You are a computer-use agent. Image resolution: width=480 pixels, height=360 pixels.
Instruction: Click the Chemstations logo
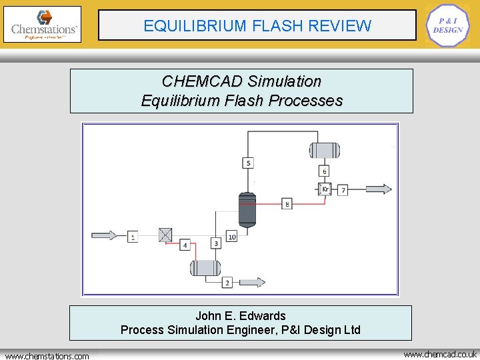(42, 25)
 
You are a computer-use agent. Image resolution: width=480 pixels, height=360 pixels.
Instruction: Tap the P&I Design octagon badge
(447, 25)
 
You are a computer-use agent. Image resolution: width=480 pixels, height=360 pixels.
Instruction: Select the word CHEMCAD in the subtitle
(201, 81)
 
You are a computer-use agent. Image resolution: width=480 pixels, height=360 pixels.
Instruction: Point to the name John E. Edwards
(241, 316)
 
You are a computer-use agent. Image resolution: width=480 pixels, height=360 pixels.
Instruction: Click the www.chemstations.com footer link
(47, 356)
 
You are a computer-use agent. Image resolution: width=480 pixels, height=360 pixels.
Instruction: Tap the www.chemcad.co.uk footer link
(441, 354)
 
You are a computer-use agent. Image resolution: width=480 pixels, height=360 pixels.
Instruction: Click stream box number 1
(133, 237)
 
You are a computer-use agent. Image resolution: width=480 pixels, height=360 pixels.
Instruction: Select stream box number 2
(227, 283)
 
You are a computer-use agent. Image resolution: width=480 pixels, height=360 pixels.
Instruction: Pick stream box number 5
(248, 163)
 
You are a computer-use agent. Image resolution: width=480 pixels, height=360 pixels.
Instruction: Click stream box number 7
(343, 190)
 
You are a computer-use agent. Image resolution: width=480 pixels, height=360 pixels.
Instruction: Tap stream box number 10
(231, 237)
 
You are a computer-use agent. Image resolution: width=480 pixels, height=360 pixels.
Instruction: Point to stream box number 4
(185, 245)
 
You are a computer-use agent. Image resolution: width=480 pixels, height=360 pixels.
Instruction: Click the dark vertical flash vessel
(247, 209)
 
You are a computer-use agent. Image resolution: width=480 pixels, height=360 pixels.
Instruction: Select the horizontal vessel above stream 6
(324, 150)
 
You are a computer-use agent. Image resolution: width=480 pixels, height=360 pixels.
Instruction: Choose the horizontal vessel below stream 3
(205, 268)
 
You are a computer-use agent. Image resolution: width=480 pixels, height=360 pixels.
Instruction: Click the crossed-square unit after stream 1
(165, 235)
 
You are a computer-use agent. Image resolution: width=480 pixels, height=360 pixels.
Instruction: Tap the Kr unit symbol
(325, 189)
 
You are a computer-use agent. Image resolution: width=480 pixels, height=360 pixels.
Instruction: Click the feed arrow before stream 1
(104, 235)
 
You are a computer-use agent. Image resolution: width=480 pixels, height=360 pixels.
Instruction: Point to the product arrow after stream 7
(378, 189)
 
